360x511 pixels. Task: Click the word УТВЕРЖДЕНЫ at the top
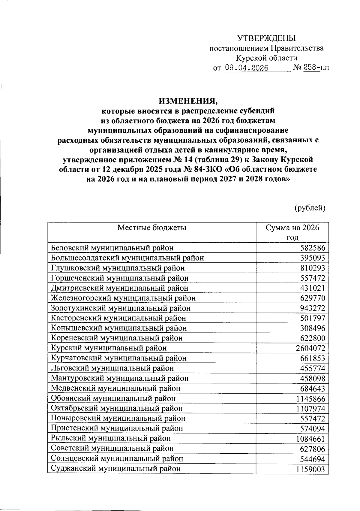pyautogui.click(x=266, y=38)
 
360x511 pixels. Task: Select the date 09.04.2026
pyautogui.click(x=246, y=68)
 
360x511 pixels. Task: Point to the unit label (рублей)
pyautogui.click(x=310, y=207)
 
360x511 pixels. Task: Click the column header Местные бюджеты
pyautogui.click(x=152, y=228)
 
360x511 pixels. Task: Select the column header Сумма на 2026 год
pyautogui.click(x=292, y=232)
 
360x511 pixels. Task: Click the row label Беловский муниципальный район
pyautogui.click(x=112, y=248)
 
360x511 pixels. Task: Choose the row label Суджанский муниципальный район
pyautogui.click(x=116, y=469)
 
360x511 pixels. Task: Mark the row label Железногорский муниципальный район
pyautogui.click(x=123, y=298)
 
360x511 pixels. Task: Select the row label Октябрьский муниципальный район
pyautogui.click(x=117, y=408)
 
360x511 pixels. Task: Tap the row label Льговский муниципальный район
pyautogui.click(x=112, y=368)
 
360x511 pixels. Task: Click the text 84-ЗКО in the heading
pyautogui.click(x=207, y=169)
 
